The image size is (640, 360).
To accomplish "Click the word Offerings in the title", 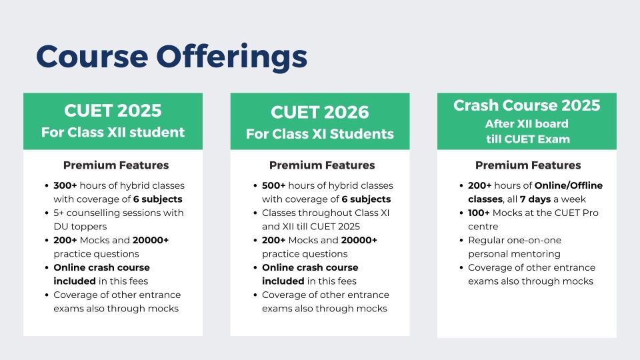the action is point(231,57).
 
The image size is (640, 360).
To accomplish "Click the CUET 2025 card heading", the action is point(113,111).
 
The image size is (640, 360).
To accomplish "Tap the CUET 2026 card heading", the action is point(319,112).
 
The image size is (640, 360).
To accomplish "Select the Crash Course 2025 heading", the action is point(527,105).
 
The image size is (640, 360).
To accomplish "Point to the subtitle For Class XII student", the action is point(113,132).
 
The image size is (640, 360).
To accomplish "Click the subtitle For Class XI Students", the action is point(319,134).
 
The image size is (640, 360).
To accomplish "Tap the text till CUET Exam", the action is point(527,139).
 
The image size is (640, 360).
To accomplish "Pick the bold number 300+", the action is point(65,185).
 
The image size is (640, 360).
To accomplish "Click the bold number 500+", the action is point(274,185).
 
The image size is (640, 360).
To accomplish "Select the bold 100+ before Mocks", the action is point(479,213).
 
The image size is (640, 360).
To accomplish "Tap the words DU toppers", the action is point(80,227).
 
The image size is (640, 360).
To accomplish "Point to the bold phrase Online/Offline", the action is point(569,185).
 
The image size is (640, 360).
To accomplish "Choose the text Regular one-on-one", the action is point(515,240).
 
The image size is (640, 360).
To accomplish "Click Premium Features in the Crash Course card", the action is point(528,165).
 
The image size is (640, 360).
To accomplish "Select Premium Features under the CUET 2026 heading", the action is point(322,165).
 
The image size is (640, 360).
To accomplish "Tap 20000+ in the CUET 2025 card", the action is point(151,240).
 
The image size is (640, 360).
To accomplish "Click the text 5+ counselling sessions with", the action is point(119,213).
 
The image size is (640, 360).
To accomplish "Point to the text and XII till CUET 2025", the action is point(311,227).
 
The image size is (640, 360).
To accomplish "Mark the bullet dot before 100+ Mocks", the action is point(461,213).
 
